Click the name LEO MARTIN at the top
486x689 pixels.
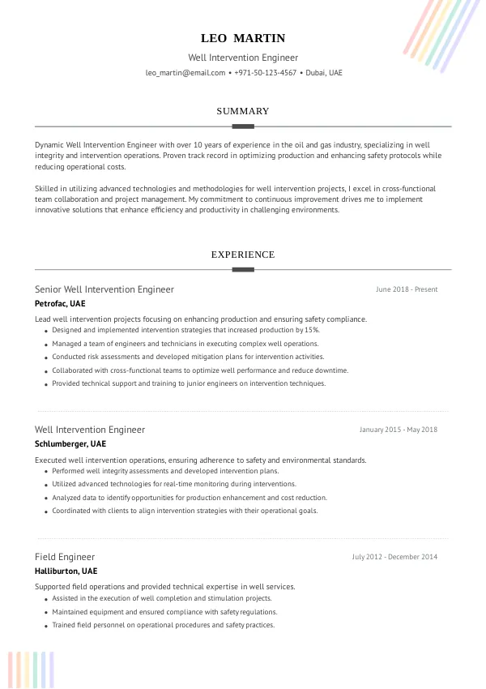(243, 38)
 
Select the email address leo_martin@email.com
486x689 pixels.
(185, 73)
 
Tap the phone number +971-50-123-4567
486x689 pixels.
(266, 73)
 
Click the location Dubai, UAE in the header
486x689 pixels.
(324, 73)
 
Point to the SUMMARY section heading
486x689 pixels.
(243, 111)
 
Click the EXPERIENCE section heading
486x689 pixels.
(243, 255)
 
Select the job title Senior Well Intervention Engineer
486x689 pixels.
(104, 289)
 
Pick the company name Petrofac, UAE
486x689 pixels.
(60, 303)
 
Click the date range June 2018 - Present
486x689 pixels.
(407, 289)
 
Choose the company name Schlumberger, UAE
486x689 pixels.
(70, 443)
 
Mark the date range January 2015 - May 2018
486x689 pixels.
(399, 430)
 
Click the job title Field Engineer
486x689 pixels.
(65, 557)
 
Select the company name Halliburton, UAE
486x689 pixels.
(66, 571)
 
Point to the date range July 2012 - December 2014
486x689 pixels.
(394, 557)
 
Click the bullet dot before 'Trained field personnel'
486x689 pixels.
(45, 626)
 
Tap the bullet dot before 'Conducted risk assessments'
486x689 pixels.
(45, 357)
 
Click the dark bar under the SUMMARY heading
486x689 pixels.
(243, 126)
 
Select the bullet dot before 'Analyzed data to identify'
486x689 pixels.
(45, 499)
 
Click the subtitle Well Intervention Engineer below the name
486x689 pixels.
(243, 58)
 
